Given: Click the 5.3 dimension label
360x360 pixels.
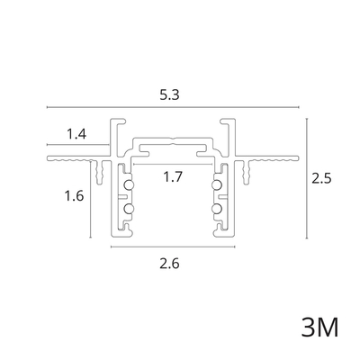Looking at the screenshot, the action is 169,95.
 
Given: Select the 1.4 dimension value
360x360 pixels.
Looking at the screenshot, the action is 76,134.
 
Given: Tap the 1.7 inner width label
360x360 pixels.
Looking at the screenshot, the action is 173,176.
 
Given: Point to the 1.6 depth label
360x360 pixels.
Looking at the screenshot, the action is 74,196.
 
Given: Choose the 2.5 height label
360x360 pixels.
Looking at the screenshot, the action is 321,179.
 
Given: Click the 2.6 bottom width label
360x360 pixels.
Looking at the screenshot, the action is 169,264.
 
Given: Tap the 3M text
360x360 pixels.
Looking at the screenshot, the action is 319,327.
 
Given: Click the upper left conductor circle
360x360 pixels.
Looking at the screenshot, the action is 129,185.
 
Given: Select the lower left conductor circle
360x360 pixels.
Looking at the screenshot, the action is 129,208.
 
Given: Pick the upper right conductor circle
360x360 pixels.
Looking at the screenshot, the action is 217,185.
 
